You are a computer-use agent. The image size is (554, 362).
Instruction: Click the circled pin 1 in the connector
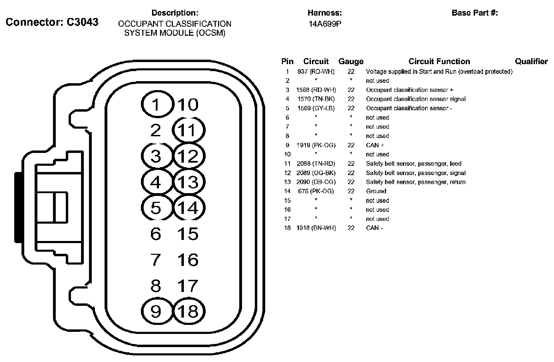(157, 104)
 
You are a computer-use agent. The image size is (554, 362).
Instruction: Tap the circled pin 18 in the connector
(189, 311)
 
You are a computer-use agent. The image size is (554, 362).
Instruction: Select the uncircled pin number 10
(188, 104)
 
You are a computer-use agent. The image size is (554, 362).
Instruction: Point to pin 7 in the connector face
(156, 260)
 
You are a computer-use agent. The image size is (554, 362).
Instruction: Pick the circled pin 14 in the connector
(189, 208)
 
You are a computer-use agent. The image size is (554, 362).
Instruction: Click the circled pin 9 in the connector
(157, 311)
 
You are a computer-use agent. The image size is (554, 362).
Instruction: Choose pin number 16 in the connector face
(188, 260)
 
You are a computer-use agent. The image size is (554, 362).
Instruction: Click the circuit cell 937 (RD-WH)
(316, 71)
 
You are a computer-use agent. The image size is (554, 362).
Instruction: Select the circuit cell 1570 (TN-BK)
(316, 99)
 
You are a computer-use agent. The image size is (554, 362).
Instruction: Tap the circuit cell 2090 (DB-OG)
(316, 182)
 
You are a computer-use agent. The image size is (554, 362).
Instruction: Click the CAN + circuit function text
(375, 145)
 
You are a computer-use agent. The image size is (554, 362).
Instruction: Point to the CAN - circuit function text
(374, 228)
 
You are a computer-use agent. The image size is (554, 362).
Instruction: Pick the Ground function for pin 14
(376, 191)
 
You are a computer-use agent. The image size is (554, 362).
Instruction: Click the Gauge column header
(351, 62)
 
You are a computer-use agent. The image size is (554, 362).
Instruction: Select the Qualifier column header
(531, 62)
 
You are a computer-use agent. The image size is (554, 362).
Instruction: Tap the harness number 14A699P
(324, 24)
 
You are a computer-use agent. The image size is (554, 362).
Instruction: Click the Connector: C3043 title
(52, 22)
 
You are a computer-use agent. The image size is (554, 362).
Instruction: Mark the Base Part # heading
(475, 13)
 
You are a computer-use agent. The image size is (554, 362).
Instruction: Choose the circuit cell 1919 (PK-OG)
(316, 145)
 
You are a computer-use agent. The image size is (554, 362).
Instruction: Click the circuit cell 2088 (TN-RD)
(316, 163)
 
